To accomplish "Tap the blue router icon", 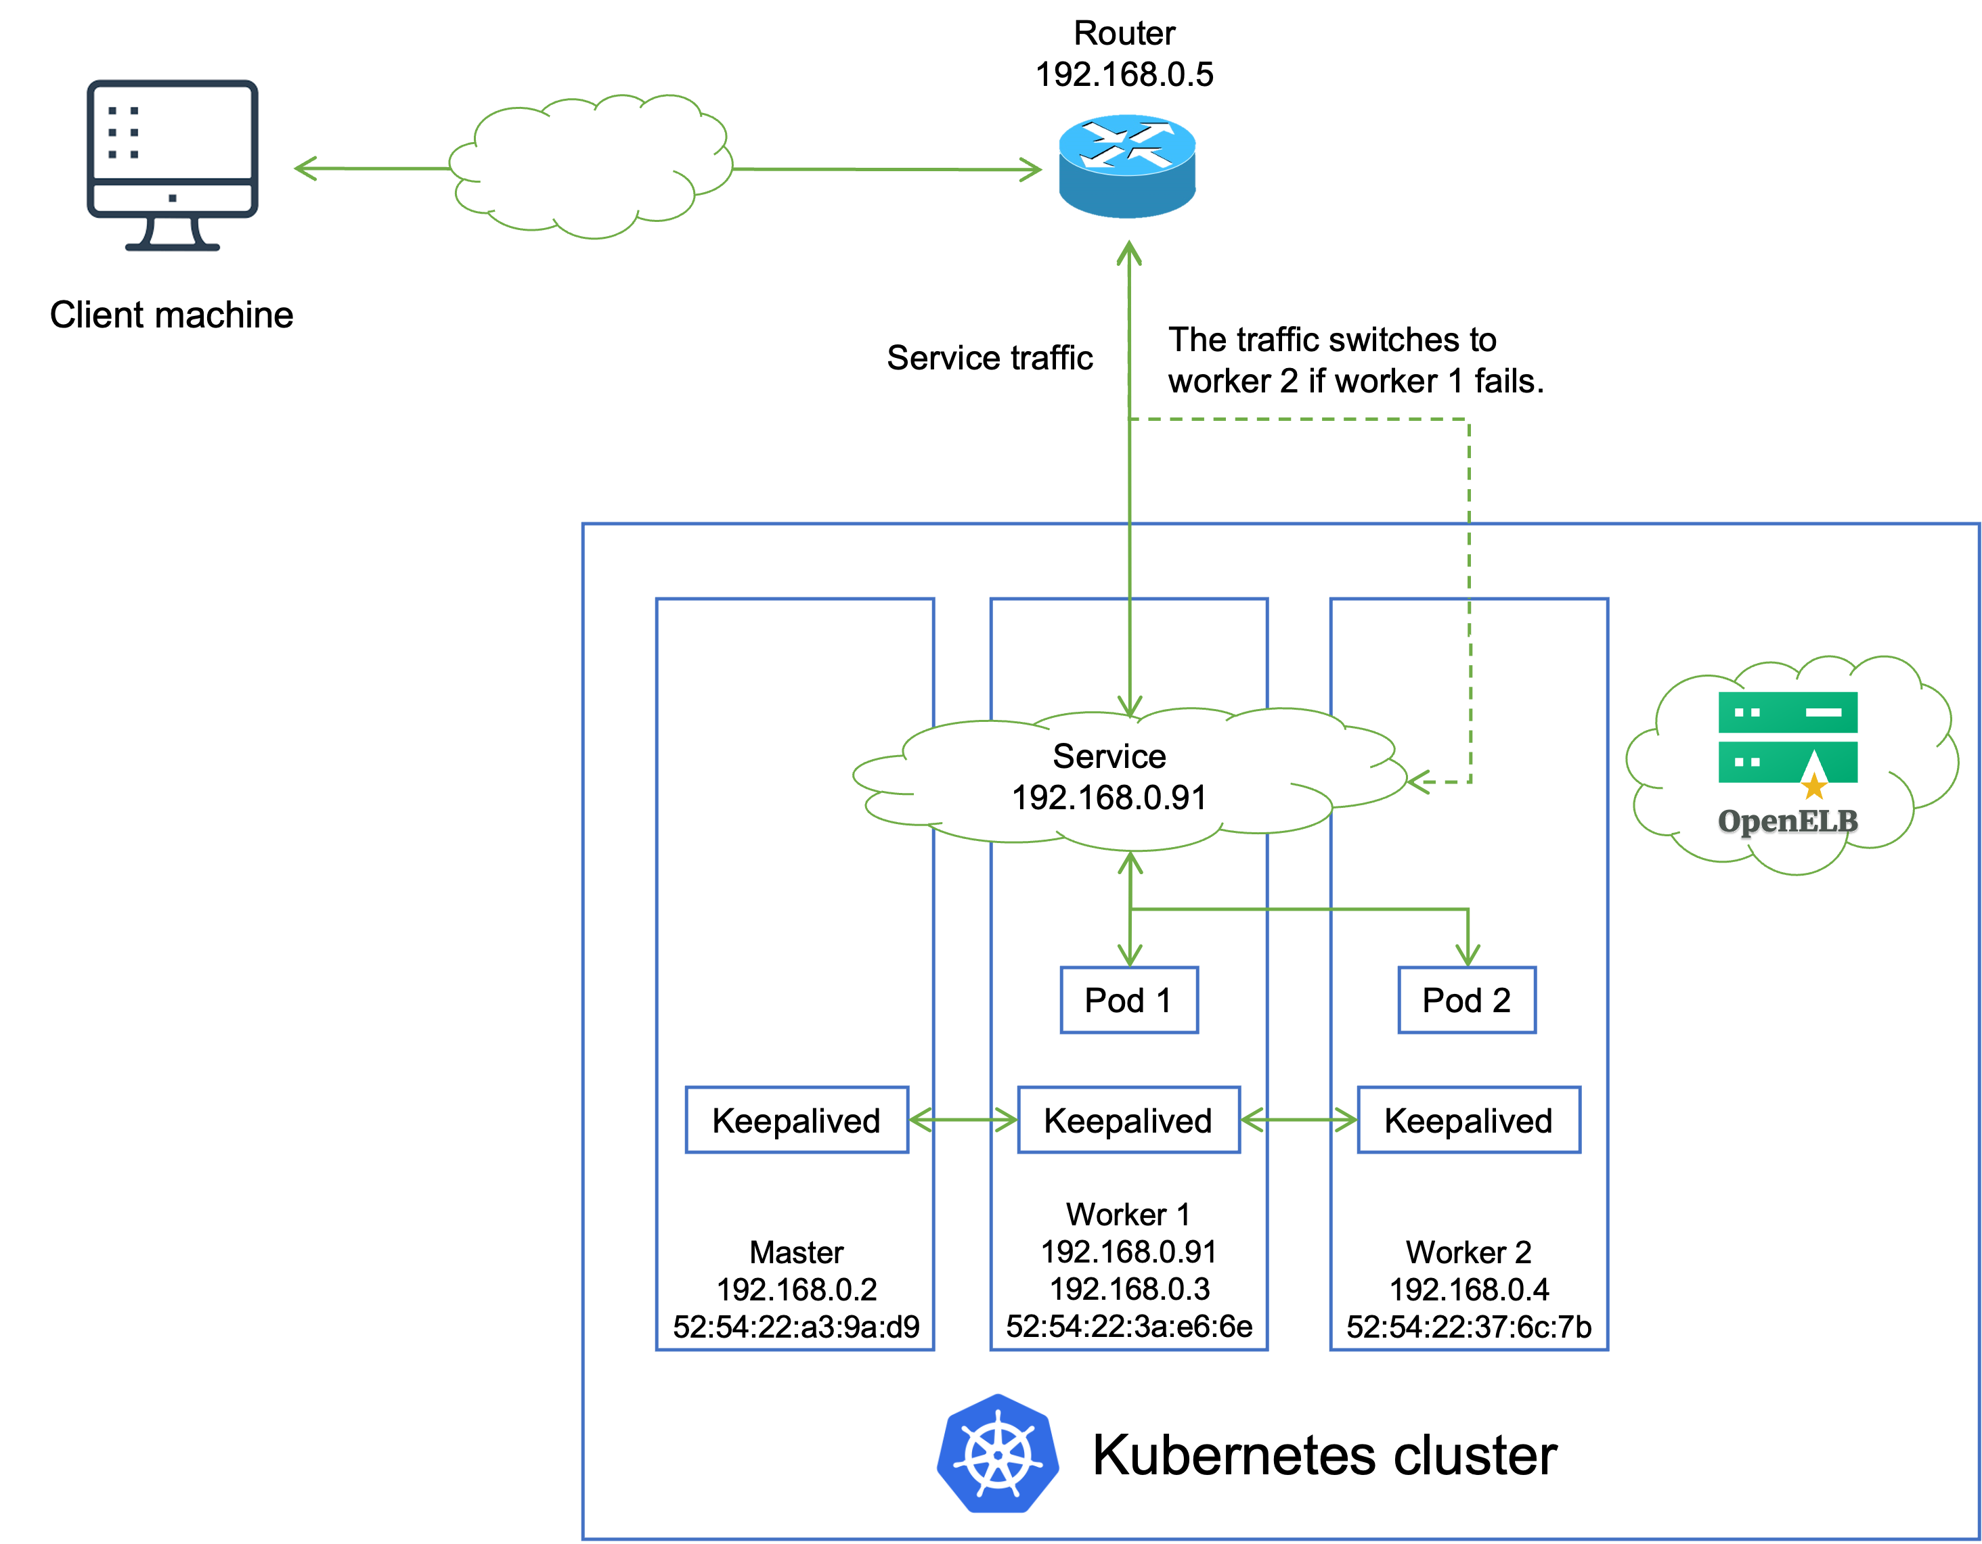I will tap(1127, 165).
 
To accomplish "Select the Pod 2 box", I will tap(1467, 1000).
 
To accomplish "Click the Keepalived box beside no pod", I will tap(796, 1120).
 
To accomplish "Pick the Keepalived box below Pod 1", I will tap(1128, 1120).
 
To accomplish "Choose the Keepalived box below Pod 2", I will tap(1468, 1120).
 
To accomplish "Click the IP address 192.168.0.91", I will tap(1109, 798).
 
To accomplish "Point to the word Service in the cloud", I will tap(1109, 756).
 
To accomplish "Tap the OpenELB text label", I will tap(1787, 821).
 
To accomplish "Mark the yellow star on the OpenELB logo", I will tap(1813, 786).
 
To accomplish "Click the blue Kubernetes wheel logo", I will tap(998, 1453).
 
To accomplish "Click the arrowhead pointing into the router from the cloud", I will tap(1032, 170).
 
